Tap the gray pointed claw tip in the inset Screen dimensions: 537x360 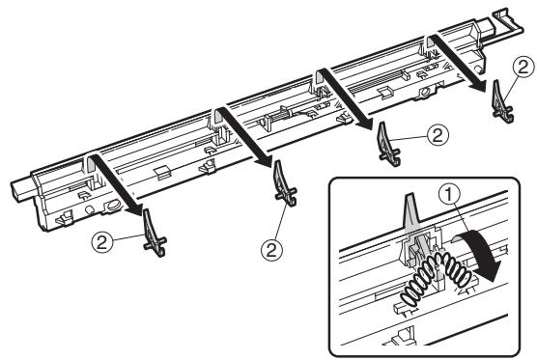tap(410, 199)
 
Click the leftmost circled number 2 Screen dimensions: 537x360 tap(102, 242)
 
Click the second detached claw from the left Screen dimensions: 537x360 tap(284, 183)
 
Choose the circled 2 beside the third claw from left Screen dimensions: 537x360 tap(438, 135)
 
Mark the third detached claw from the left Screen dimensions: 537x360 tap(387, 145)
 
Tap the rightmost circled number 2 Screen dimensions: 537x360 tap(523, 67)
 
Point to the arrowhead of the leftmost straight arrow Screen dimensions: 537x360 tap(135, 208)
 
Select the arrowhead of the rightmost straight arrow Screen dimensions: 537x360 tap(479, 85)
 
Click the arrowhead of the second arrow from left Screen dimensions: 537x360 tap(266, 161)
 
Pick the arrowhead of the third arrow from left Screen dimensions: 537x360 tap(365, 124)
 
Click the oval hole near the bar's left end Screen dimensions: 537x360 tap(113, 206)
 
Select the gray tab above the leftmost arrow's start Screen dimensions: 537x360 tap(90, 163)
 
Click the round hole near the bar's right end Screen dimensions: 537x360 tap(425, 93)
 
